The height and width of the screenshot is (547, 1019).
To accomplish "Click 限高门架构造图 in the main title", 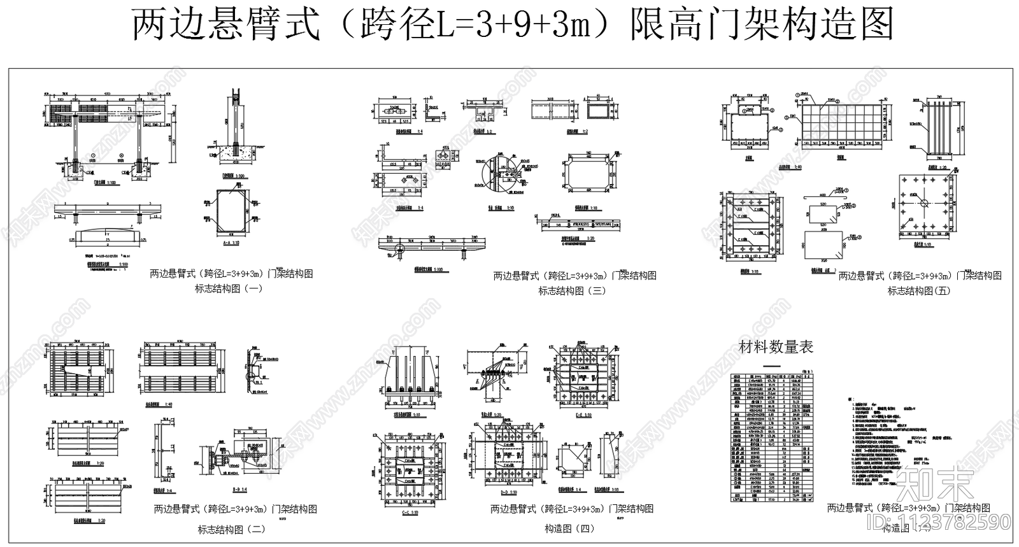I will pos(761,24).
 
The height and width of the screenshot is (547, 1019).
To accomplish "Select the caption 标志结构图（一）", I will pos(228,288).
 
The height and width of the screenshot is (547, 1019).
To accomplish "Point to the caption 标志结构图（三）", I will pos(572,291).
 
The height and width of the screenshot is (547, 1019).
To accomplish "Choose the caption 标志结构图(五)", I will pos(918,291).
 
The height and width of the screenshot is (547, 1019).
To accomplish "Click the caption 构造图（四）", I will pos(569,529).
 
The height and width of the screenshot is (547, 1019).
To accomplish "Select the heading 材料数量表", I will pos(776,348).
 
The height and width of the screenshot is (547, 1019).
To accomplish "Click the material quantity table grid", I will pos(772,438).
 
